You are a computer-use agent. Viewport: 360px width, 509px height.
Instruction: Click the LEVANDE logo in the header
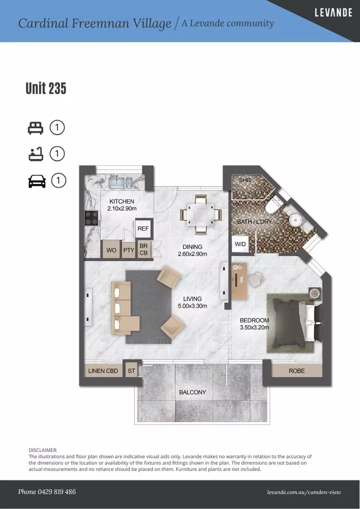click(334, 13)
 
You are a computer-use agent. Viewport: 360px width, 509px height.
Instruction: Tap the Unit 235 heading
click(46, 88)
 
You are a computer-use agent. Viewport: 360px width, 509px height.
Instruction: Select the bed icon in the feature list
click(35, 128)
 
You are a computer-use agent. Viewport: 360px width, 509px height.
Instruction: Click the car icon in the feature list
click(37, 181)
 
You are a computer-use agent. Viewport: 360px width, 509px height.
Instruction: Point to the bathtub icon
click(36, 154)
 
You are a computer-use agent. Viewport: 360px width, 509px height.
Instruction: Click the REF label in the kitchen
click(143, 229)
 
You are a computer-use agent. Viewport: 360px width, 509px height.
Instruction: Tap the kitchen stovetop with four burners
click(91, 218)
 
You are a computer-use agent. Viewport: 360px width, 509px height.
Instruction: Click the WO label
click(111, 250)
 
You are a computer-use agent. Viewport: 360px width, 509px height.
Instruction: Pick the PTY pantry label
click(129, 250)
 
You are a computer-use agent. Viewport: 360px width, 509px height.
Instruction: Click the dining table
click(201, 214)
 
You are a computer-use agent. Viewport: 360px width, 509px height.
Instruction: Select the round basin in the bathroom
click(296, 220)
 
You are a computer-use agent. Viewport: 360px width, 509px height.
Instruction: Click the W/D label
click(240, 244)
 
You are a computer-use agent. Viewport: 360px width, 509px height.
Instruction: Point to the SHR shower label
click(245, 180)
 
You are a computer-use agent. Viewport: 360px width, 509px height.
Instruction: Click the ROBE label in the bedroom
click(297, 371)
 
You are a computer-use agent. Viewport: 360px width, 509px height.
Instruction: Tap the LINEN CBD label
click(103, 371)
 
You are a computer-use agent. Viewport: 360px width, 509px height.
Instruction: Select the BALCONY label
click(193, 392)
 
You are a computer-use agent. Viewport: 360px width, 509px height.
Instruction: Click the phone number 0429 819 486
click(58, 492)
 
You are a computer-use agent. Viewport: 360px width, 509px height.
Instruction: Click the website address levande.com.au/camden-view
click(304, 493)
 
